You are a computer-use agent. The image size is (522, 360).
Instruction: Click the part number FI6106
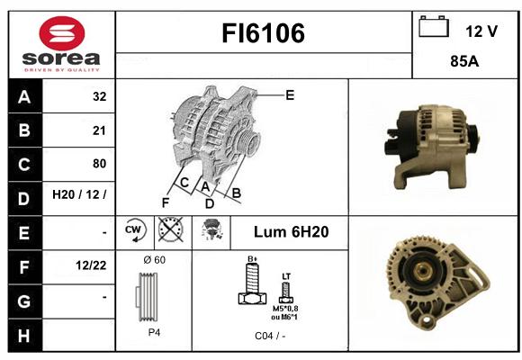[x=263, y=33]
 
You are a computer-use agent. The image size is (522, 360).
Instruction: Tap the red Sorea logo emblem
[x=62, y=33]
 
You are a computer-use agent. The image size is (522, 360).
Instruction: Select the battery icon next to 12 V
[x=434, y=26]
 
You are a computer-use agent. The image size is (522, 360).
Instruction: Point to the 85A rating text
[x=464, y=61]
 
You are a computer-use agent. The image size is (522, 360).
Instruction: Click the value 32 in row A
[x=100, y=96]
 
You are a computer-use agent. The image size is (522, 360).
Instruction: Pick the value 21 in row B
[x=99, y=130]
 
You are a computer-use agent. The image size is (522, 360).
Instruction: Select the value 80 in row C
[x=100, y=164]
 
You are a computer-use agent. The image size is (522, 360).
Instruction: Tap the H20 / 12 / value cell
[x=79, y=194]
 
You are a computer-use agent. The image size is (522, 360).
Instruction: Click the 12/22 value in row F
[x=91, y=265]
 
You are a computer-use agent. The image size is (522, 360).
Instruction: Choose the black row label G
[x=25, y=301]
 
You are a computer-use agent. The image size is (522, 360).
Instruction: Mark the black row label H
[x=25, y=336]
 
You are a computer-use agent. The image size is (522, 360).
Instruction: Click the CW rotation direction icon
[x=135, y=230]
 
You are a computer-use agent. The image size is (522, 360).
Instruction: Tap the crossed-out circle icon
[x=171, y=229]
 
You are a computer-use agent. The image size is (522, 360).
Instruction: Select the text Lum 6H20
[x=292, y=232]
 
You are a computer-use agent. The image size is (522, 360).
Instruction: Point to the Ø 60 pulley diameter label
[x=155, y=260]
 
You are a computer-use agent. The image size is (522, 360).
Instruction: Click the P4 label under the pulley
[x=154, y=332]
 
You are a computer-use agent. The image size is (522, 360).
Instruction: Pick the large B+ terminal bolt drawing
[x=253, y=283]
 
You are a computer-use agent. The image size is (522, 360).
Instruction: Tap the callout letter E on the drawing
[x=290, y=95]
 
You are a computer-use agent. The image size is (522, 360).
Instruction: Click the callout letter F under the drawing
[x=166, y=202]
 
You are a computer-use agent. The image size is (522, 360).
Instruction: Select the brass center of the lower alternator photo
[x=423, y=270]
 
